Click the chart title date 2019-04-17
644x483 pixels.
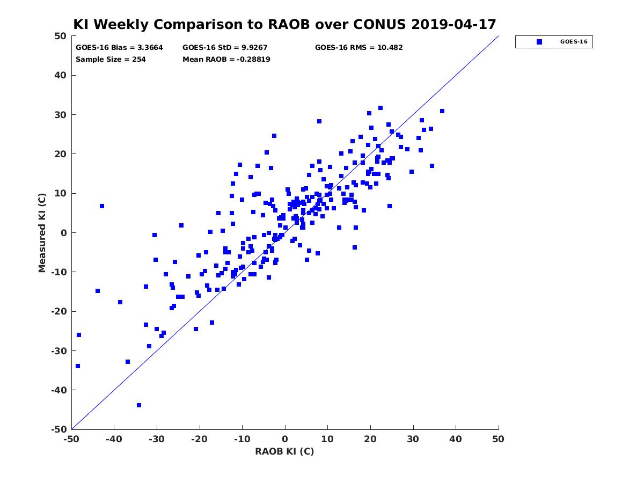point(453,24)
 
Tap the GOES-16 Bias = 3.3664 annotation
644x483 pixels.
point(119,48)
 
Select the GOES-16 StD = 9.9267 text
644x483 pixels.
point(225,48)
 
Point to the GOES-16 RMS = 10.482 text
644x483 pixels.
point(358,48)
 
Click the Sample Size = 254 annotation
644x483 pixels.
point(111,60)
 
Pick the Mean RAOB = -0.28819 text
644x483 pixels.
point(226,60)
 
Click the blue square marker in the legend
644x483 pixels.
point(539,42)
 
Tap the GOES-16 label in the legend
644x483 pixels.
point(574,42)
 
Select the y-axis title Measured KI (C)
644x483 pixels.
point(42,232)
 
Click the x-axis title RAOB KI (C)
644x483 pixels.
point(284,451)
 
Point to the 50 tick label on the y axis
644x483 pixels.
point(61,36)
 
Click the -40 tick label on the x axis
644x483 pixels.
point(114,439)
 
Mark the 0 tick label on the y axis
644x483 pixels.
point(64,233)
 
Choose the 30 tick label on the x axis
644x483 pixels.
point(413,439)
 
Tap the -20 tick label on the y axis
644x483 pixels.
point(59,311)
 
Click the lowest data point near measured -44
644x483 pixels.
point(139,405)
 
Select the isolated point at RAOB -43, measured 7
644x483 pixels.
point(102,206)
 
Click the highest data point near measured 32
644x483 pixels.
point(380,108)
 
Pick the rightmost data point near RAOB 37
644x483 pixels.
point(442,111)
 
